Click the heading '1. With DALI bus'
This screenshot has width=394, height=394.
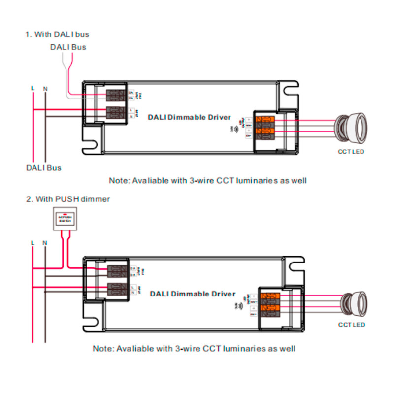(57, 35)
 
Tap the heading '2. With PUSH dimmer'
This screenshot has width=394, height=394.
(67, 199)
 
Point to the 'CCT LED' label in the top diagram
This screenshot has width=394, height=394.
(351, 152)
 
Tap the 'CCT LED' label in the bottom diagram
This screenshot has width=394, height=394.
(352, 325)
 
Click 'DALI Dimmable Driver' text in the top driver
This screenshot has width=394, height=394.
(189, 117)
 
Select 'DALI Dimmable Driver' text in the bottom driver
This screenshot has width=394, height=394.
(193, 294)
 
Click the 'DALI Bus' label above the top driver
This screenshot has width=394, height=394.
(68, 47)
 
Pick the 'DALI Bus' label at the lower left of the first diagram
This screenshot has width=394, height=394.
(43, 168)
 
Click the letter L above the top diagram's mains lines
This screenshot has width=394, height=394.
(33, 89)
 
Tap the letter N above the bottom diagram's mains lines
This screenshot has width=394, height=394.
(45, 243)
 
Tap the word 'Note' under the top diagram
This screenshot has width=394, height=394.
(119, 181)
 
